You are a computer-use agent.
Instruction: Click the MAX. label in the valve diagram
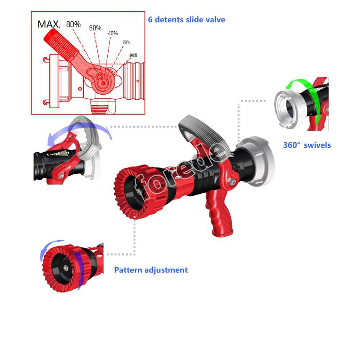(x=49, y=25)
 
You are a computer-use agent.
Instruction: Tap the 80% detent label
(x=73, y=25)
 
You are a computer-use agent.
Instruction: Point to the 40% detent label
(x=113, y=33)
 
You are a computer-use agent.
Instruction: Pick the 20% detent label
(x=126, y=42)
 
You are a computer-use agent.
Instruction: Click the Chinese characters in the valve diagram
(x=133, y=56)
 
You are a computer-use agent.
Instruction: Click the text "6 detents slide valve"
(x=186, y=19)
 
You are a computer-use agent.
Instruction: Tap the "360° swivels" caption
(x=306, y=145)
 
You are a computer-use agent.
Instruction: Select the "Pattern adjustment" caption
(x=151, y=270)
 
